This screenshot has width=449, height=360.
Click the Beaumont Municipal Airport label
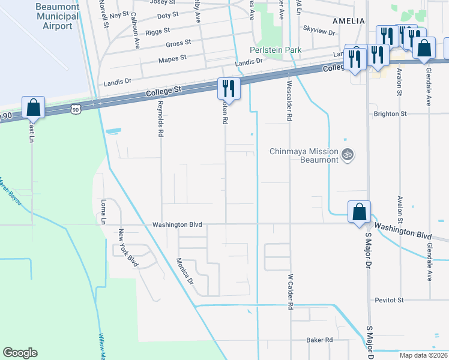(x=58, y=17)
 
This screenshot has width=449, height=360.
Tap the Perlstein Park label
(x=276, y=50)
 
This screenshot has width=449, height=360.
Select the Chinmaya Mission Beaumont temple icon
(x=346, y=155)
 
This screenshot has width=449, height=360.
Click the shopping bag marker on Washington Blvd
(x=359, y=212)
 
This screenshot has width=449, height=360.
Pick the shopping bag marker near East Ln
(x=34, y=108)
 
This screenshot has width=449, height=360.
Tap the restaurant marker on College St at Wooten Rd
(x=229, y=89)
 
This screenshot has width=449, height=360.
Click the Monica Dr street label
(x=185, y=271)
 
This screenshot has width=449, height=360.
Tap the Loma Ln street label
(x=103, y=211)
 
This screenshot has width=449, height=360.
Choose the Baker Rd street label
(x=319, y=340)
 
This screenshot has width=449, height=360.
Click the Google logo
(x=20, y=353)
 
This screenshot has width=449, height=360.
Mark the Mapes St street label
(x=172, y=59)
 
